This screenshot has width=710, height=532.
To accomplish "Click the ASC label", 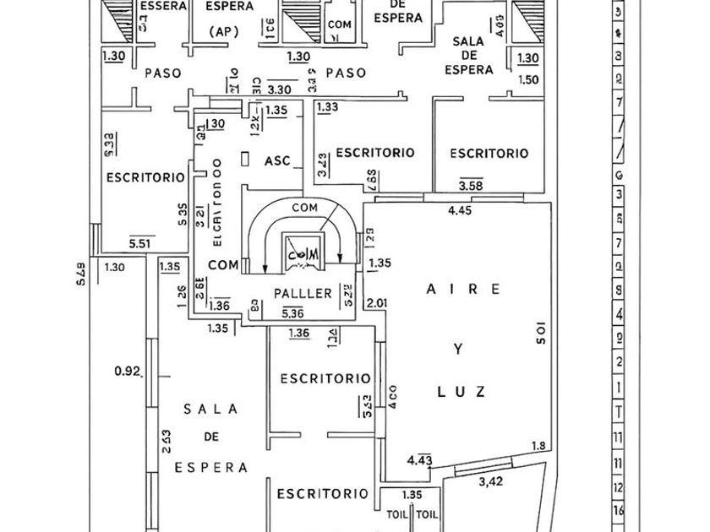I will coord(277,160).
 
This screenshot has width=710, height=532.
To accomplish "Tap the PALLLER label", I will coord(303,294).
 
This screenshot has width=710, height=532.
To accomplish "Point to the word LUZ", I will coord(461,391).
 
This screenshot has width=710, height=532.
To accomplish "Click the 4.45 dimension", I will coord(460,211).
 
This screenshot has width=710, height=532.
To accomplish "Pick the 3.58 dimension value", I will coord(471,185).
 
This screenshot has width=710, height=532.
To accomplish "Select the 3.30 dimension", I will coord(280,89).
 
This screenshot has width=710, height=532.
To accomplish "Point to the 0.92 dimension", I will coord(126,370).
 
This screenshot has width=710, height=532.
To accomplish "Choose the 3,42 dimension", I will coord(491,482).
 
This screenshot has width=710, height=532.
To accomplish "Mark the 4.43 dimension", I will coord(420,460).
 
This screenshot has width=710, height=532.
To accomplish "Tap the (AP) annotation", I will coord(224,32).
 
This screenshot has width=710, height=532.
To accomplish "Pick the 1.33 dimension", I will coord(327,107).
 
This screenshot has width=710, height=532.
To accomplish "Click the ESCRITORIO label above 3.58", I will coord(489,153).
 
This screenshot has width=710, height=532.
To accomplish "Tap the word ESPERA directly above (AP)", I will coord(229,7).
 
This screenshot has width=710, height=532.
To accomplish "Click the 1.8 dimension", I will coord(538,447).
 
